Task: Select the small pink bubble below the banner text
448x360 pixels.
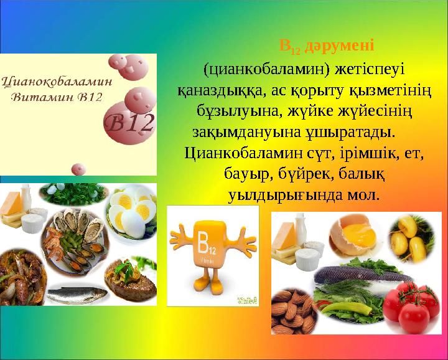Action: [78, 168]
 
